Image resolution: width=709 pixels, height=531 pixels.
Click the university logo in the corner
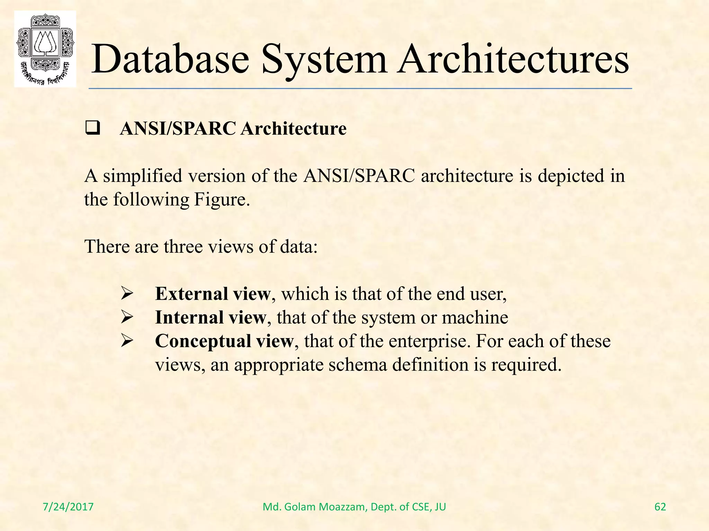pos(45,48)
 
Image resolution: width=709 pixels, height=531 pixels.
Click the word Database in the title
pos(170,59)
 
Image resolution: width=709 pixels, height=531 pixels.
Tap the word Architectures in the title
pos(512,59)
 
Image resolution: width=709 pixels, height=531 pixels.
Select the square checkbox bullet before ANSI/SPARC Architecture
pos(92,129)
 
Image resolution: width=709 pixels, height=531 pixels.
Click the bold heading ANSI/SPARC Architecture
pos(233,129)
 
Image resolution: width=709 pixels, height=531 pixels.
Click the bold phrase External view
pos(212,294)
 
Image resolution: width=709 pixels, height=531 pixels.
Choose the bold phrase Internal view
pos(210,317)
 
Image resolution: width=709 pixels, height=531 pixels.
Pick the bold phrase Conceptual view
pos(224,341)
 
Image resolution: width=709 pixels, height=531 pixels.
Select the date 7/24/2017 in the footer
pos(68,507)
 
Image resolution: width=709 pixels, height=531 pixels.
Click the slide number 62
pos(660,507)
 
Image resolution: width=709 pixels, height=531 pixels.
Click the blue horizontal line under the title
pos(360,89)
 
